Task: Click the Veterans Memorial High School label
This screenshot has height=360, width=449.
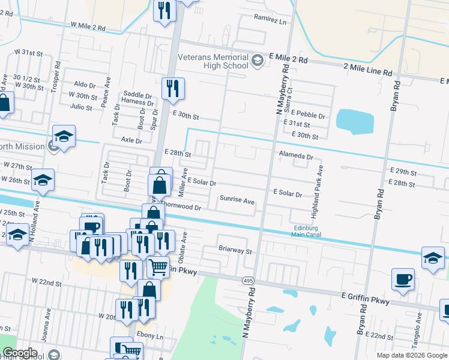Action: tap(213, 61)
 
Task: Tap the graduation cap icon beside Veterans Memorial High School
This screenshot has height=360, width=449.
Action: tap(257, 61)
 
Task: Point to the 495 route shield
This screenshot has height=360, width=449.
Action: tap(248, 280)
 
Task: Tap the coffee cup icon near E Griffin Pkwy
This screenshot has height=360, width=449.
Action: tap(403, 279)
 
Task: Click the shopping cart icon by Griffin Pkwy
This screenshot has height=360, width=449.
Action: tap(158, 266)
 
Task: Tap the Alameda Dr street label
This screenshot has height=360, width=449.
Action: tap(296, 156)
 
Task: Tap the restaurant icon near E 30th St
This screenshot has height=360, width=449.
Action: tap(173, 88)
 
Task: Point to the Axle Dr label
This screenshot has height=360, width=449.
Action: tap(131, 140)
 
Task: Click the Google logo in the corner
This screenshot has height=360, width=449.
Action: tap(20, 353)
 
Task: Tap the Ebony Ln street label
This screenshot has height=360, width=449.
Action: tap(150, 336)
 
